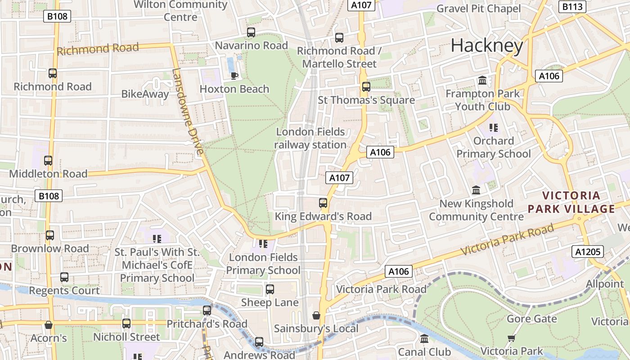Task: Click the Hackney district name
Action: (x=487, y=45)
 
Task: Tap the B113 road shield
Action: (x=572, y=6)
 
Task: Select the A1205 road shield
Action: (x=588, y=252)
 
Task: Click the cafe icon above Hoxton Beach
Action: (x=234, y=76)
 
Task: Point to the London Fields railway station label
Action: (x=310, y=138)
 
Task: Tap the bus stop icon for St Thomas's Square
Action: (x=366, y=87)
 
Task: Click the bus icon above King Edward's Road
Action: (x=323, y=203)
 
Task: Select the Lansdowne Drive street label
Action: (x=188, y=112)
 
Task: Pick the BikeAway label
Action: (x=145, y=94)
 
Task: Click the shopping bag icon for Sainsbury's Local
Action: (x=316, y=315)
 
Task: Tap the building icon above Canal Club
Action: (x=424, y=338)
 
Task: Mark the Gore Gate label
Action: (x=531, y=319)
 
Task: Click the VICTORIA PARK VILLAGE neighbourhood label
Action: (x=571, y=202)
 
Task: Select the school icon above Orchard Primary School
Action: (x=494, y=128)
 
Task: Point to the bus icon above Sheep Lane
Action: (x=270, y=289)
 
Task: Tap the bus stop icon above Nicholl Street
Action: (x=126, y=324)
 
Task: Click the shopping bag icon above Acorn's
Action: (x=49, y=325)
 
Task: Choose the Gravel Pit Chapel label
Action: (x=478, y=9)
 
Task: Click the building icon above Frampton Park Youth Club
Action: (x=482, y=81)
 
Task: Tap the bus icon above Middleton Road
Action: (x=48, y=161)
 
